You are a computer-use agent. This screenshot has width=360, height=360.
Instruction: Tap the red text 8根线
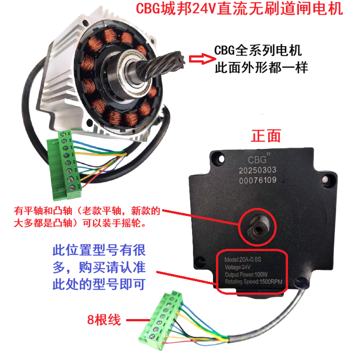click(104, 320)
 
